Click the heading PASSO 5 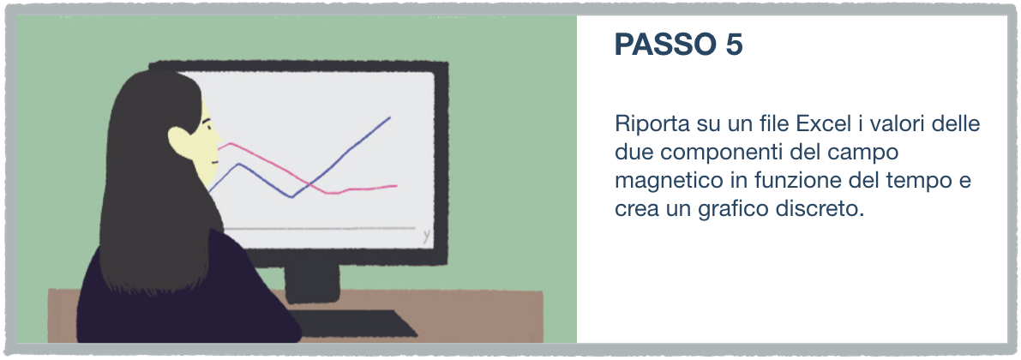678,45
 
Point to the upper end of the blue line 389,117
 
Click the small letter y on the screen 427,236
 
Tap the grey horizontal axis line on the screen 319,229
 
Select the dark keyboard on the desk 351,323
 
